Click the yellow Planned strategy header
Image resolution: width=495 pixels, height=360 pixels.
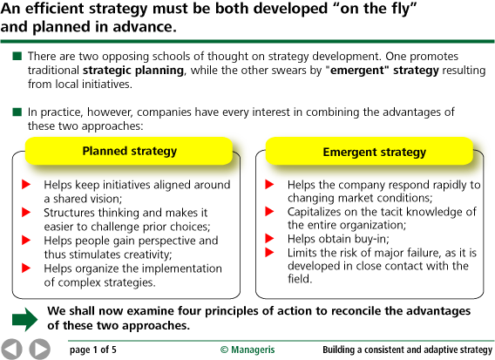130,151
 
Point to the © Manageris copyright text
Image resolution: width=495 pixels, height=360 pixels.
247,349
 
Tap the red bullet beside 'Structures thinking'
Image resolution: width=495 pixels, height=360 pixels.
26,212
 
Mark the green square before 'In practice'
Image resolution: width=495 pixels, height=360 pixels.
17,112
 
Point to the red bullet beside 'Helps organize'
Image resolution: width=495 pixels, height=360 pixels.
26,268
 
